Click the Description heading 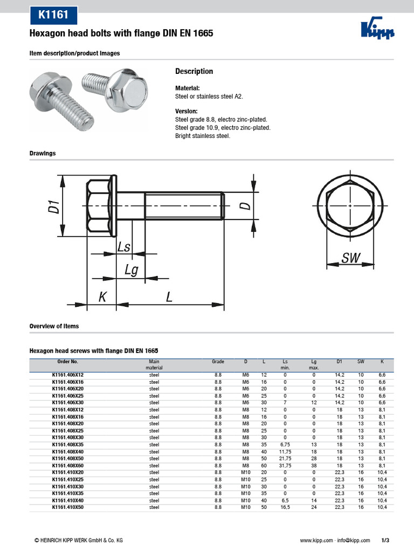[x=194, y=72]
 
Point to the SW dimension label [x=350, y=258]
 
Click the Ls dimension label [x=124, y=247]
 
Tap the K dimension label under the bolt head [x=102, y=297]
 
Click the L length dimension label [x=169, y=297]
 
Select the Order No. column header [x=67, y=361]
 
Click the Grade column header [x=218, y=361]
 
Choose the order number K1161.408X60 [x=67, y=465]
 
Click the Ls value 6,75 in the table [x=285, y=444]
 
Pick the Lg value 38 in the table [x=314, y=465]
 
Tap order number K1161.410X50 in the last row [x=67, y=507]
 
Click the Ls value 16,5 [x=285, y=507]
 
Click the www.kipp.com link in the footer [x=315, y=540]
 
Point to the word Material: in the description [x=188, y=88]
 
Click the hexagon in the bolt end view [x=350, y=206]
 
